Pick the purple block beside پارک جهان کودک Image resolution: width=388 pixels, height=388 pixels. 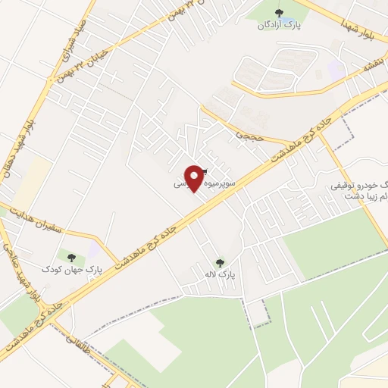point(93,248)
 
